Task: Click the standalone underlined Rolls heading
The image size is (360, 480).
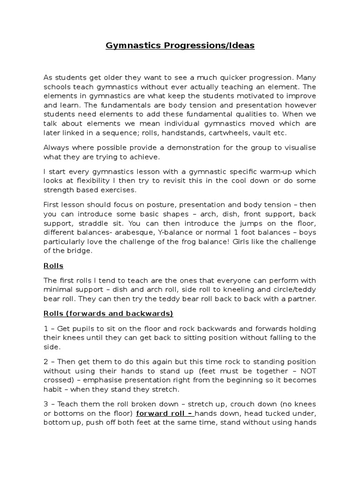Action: (53, 266)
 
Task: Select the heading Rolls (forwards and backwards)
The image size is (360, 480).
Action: (108, 314)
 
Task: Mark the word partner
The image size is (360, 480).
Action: (301, 299)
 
